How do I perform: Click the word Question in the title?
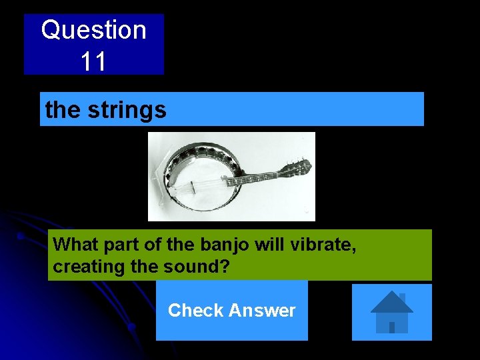pos(93,31)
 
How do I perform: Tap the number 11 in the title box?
pos(93,62)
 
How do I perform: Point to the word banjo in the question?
pos(221,245)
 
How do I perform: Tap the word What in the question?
pos(75,245)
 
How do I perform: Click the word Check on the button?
pos(195,311)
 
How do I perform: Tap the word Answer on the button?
pos(262,311)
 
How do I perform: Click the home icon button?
pos(391,312)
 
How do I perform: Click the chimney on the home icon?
pos(402,297)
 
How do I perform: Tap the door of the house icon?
pos(392,327)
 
